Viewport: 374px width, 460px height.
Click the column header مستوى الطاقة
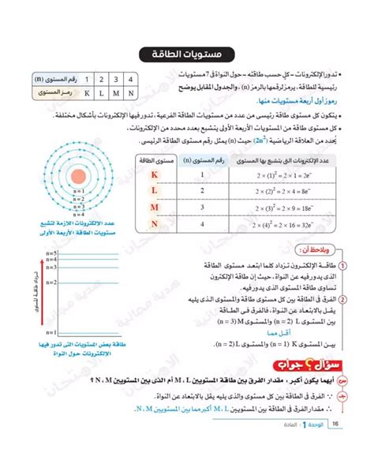(x=154, y=160)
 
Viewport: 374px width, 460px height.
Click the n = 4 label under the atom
(x=77, y=214)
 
